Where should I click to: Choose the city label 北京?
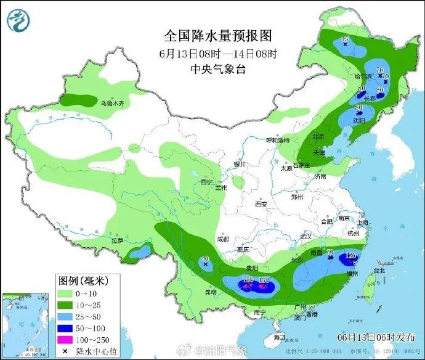point(318,137)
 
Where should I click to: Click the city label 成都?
point(222,239)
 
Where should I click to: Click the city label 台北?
point(377,270)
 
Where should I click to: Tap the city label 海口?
point(279,337)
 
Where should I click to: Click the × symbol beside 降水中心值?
point(65,351)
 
